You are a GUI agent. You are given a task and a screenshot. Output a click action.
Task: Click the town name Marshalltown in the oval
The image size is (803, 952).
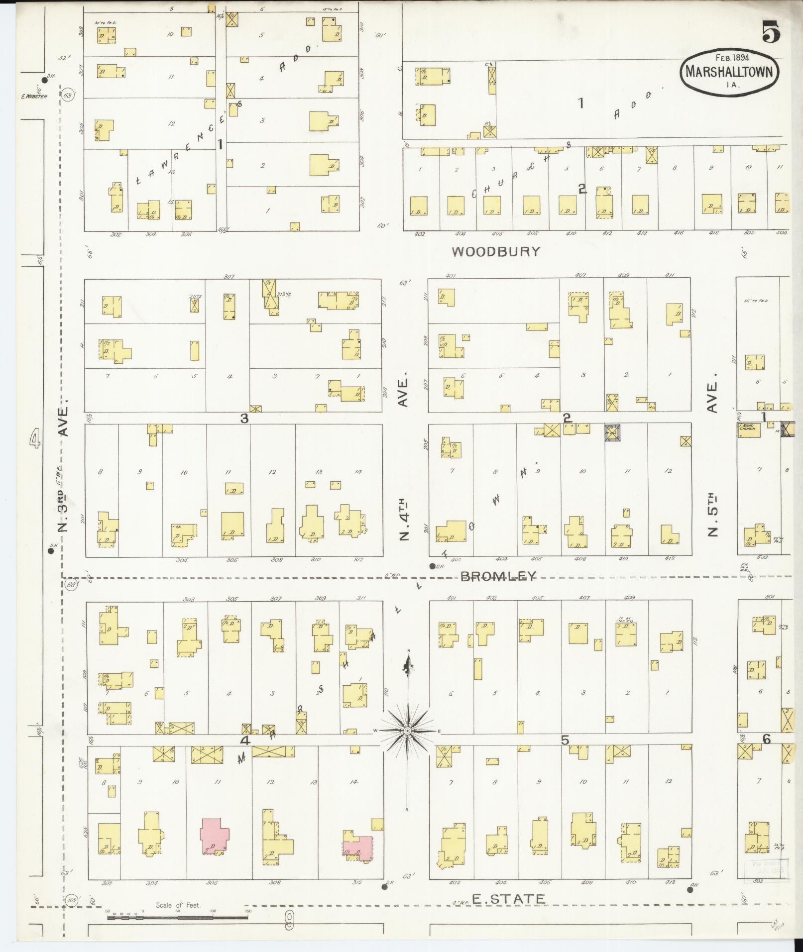click(x=729, y=72)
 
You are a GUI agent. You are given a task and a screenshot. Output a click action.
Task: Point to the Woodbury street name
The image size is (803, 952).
click(x=496, y=251)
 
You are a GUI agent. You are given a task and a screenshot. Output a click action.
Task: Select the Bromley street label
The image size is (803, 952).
click(x=498, y=576)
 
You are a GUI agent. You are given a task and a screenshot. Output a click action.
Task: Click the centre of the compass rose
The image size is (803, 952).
click(x=408, y=731)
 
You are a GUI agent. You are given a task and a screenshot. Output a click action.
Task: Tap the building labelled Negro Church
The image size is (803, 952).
click(x=749, y=430)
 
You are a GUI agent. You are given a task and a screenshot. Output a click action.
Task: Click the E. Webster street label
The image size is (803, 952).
click(x=34, y=96)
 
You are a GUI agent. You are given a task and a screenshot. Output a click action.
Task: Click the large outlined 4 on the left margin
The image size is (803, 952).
click(x=34, y=439)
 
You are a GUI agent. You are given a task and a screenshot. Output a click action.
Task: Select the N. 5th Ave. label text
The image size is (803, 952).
click(x=712, y=515)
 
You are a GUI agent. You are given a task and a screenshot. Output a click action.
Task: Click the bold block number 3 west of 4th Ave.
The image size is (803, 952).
click(x=244, y=419)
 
